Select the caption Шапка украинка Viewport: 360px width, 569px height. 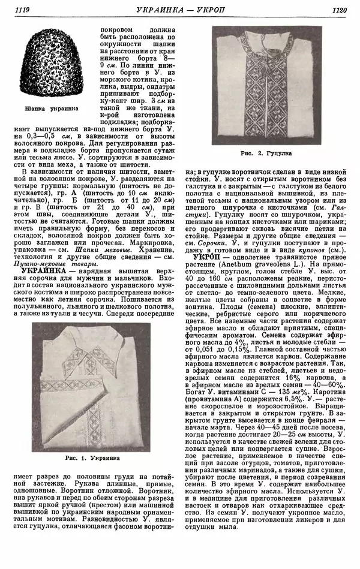click(x=46, y=109)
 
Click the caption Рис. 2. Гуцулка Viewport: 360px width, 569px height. click(x=266, y=154)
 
